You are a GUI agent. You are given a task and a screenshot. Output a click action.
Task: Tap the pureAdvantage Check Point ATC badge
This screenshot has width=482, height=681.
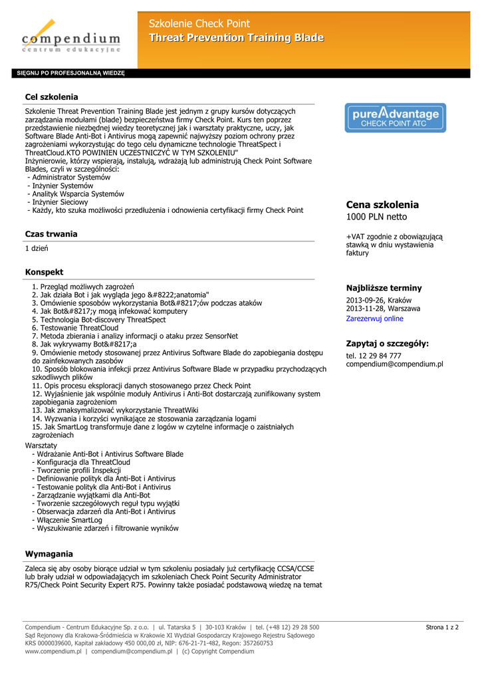(395, 118)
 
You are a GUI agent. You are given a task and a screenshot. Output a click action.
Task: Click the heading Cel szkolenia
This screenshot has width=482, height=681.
(51, 97)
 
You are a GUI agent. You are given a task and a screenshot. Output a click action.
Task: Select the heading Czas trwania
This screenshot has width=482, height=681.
(51, 234)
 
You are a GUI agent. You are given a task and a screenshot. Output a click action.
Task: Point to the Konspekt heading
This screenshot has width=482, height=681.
(44, 272)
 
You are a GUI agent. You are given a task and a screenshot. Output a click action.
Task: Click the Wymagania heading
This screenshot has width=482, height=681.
(49, 554)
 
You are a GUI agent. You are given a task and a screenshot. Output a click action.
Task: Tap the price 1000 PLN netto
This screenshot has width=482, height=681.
(377, 217)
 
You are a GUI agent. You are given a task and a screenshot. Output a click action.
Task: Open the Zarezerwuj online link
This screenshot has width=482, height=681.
(374, 319)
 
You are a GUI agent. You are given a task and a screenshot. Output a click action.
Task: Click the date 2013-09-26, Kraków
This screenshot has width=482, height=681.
(378, 300)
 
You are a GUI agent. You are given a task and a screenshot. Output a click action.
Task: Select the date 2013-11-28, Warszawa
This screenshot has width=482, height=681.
(383, 309)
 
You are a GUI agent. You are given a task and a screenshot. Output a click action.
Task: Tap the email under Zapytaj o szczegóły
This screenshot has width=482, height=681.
(394, 364)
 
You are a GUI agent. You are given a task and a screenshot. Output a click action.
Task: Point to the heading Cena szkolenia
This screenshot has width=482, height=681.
(382, 205)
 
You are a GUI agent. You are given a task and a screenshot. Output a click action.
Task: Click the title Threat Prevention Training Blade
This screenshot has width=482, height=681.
(236, 38)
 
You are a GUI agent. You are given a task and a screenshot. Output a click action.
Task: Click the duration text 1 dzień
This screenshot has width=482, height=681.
(37, 248)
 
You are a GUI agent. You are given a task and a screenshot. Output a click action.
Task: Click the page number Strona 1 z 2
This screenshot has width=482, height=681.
(442, 627)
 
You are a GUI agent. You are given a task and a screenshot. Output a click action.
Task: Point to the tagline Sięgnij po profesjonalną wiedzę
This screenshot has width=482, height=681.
(70, 73)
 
